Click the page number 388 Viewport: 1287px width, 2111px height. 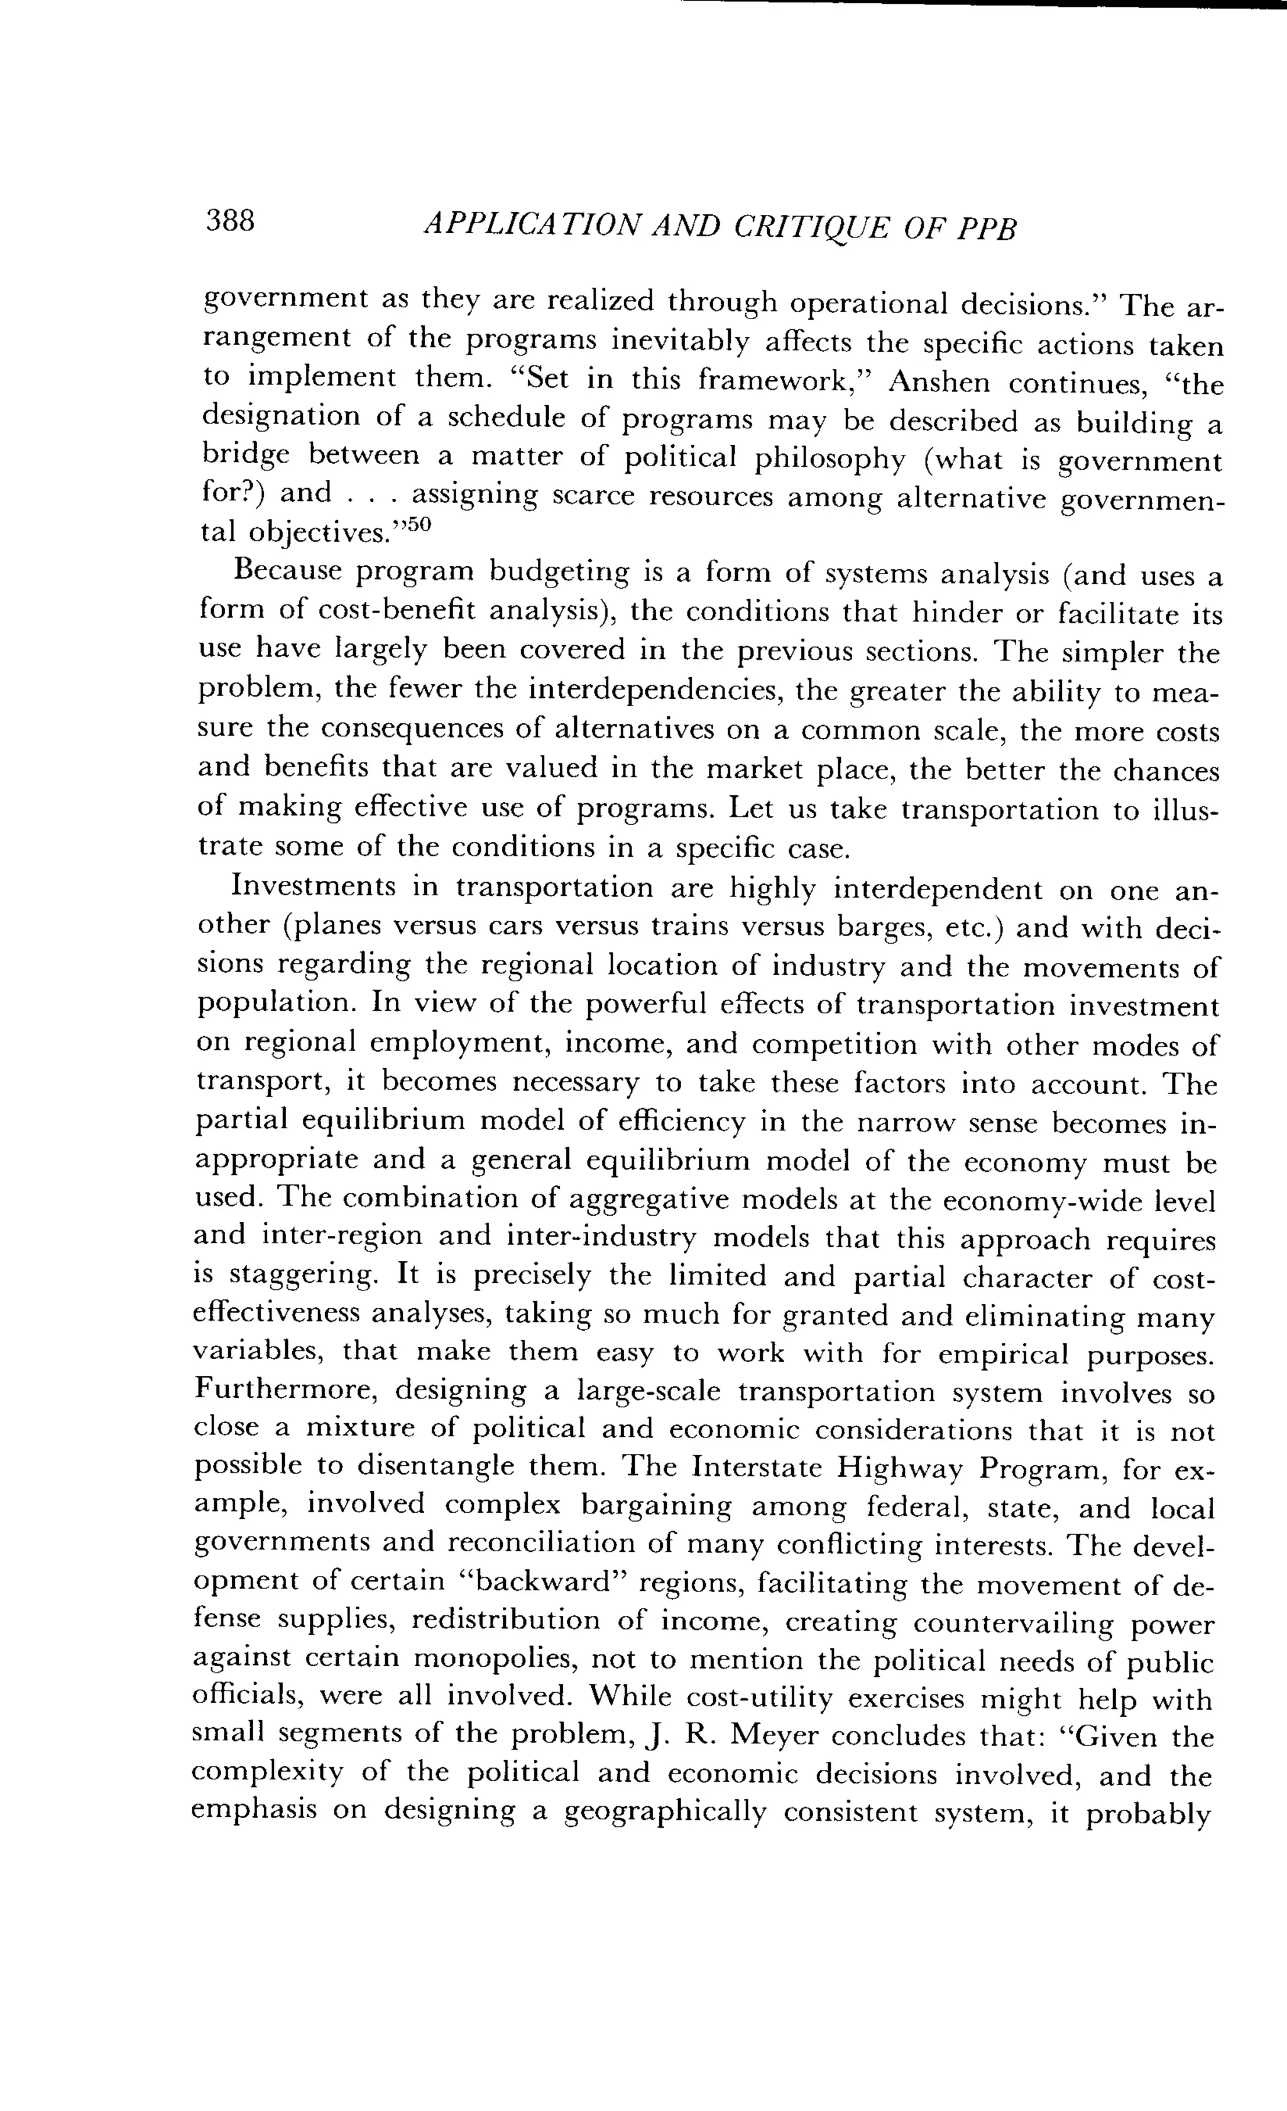[x=231, y=222]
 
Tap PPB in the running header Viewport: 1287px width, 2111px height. [x=986, y=229]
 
